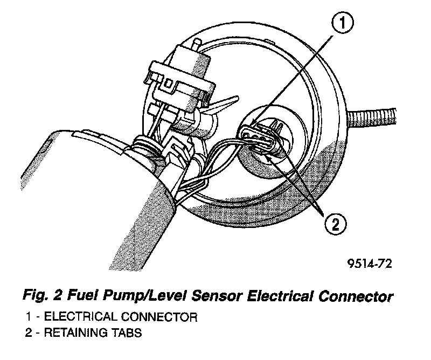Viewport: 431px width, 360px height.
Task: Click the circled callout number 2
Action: point(334,224)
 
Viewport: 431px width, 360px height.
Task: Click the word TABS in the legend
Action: point(128,333)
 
